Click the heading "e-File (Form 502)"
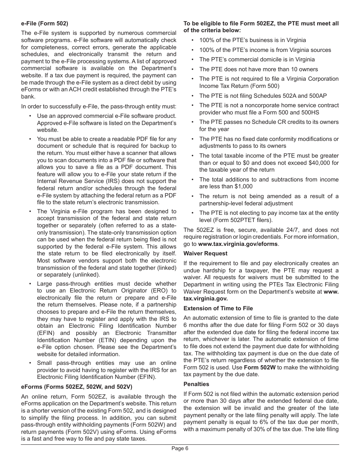pyautogui.click(x=45, y=23)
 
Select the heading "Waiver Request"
pyautogui.click(x=205, y=253)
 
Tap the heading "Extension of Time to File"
pyautogui.click(x=218, y=308)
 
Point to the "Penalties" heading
pyautogui.click(x=196, y=384)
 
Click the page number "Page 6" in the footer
pyautogui.click(x=180, y=448)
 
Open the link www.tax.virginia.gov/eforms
pyautogui.click(x=238, y=244)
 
